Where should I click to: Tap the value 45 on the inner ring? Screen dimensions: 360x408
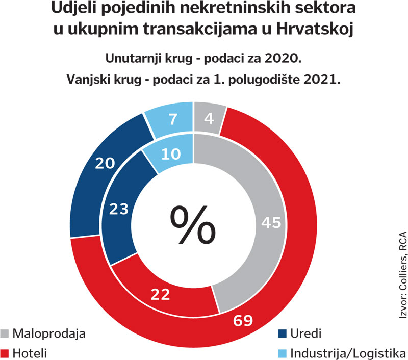[272, 222]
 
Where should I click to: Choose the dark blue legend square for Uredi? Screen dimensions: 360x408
[282, 334]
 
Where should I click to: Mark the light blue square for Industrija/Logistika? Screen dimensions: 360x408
[282, 352]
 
